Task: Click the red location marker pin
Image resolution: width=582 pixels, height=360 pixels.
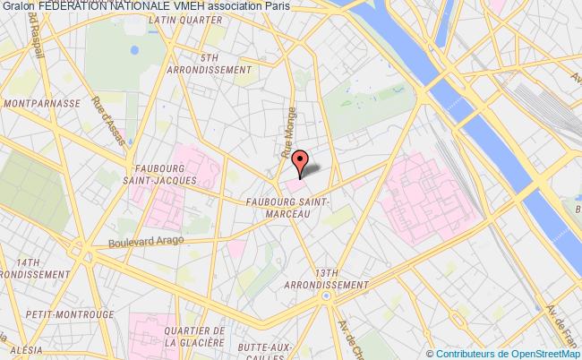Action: pos(300,162)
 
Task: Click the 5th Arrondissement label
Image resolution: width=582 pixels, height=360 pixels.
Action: pos(213,64)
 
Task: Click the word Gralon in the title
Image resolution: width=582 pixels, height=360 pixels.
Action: pos(18,5)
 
